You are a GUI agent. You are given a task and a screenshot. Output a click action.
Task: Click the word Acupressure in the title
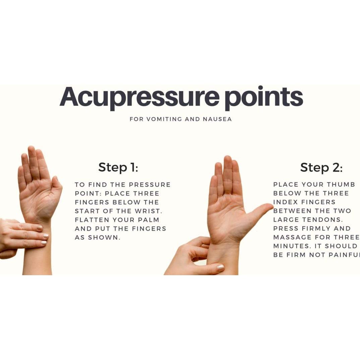tap(139, 97)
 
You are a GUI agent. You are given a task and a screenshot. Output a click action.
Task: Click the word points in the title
tap(263, 97)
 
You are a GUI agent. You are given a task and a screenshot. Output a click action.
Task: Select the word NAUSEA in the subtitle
tap(217, 119)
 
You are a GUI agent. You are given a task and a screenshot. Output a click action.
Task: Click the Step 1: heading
tap(118, 167)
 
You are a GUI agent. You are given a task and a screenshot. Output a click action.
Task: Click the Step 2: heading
tap(321, 167)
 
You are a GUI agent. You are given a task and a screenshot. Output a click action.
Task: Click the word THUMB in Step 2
tap(341, 184)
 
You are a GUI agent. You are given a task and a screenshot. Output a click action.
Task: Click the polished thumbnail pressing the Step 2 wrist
tap(221, 267)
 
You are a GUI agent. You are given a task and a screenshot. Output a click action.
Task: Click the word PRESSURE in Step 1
tap(150, 185)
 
